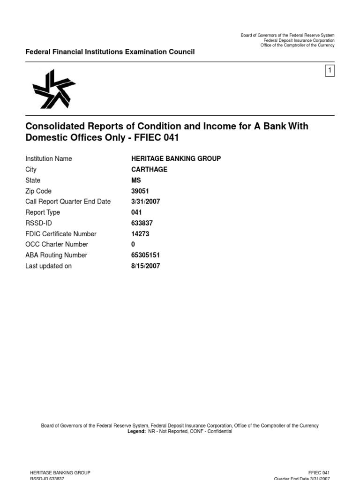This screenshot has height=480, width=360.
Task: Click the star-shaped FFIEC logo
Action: [53, 89]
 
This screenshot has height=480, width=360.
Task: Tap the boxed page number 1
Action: [330, 71]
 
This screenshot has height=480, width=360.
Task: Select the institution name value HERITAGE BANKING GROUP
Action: [176, 159]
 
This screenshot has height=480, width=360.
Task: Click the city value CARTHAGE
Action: [149, 170]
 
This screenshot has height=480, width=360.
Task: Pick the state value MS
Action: [136, 180]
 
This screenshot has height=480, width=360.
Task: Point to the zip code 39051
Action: [140, 191]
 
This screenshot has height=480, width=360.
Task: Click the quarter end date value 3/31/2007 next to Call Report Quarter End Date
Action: [145, 202]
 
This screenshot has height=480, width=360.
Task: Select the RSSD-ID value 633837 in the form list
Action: [142, 223]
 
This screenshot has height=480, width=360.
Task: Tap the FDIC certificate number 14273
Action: [140, 234]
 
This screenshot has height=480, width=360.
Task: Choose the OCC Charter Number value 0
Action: [133, 244]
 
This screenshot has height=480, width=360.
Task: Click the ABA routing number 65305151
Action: [145, 255]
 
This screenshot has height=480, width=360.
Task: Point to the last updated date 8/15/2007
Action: [145, 266]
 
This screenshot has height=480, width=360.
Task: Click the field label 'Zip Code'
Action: [38, 191]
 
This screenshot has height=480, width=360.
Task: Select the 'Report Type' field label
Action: [43, 212]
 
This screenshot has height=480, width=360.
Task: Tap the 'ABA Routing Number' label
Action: [56, 255]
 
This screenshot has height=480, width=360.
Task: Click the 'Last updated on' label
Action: [48, 266]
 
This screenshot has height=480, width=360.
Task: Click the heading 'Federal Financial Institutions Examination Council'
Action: [110, 52]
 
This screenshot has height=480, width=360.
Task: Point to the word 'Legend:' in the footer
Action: [136, 431]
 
